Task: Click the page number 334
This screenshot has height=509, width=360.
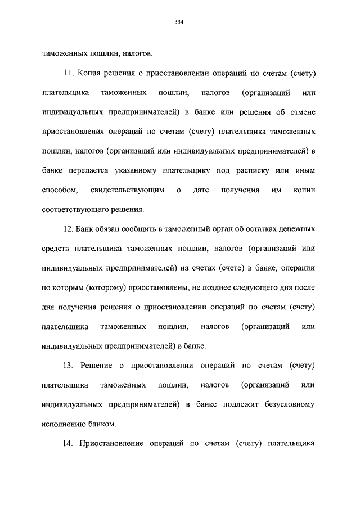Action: click(x=179, y=22)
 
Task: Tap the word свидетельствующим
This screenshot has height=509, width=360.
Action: click(x=127, y=190)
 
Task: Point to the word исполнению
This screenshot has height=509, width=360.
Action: click(x=65, y=424)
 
